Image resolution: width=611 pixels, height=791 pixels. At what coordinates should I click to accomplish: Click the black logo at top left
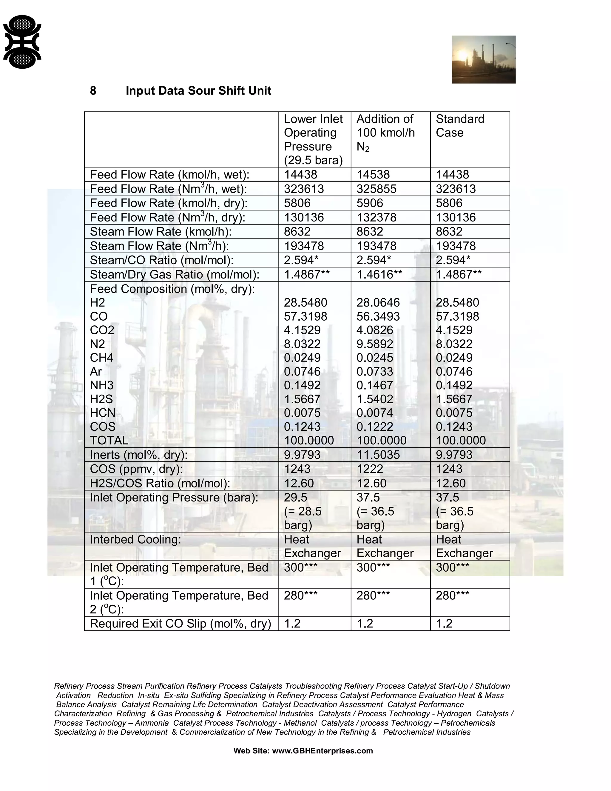[22, 42]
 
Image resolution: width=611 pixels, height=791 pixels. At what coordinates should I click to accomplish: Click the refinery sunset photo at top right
[483, 59]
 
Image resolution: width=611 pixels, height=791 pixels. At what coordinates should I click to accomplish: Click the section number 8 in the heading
[93, 90]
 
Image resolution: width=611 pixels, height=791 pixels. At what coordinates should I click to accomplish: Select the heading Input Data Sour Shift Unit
[198, 90]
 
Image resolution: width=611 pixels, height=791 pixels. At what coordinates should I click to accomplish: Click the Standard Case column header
[460, 126]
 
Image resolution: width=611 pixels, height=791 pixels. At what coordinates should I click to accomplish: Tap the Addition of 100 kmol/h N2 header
[385, 133]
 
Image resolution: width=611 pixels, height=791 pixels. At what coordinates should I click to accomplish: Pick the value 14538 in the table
[373, 175]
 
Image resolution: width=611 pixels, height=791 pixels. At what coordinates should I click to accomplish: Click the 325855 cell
[376, 189]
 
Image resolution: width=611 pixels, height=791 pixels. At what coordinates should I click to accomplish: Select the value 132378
[376, 217]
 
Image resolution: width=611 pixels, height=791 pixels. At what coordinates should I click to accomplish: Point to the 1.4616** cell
[379, 275]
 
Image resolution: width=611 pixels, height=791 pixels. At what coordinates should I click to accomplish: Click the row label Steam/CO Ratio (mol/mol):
[161, 260]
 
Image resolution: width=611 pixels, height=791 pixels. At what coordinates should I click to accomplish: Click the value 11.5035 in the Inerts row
[378, 455]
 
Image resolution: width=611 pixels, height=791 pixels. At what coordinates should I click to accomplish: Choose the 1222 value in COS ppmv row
[369, 469]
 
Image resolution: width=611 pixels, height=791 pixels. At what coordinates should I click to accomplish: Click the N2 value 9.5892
[374, 344]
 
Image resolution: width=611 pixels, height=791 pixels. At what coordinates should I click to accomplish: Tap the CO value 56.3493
[378, 316]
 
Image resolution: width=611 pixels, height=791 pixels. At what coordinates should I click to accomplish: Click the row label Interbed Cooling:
[135, 539]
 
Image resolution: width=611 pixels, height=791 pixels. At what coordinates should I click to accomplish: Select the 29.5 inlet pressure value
[295, 498]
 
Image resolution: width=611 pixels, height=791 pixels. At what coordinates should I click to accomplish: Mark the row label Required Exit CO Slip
[180, 623]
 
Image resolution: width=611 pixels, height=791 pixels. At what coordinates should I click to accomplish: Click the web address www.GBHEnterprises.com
[322, 751]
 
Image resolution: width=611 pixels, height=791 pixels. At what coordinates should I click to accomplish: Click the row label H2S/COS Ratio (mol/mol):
[160, 483]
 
